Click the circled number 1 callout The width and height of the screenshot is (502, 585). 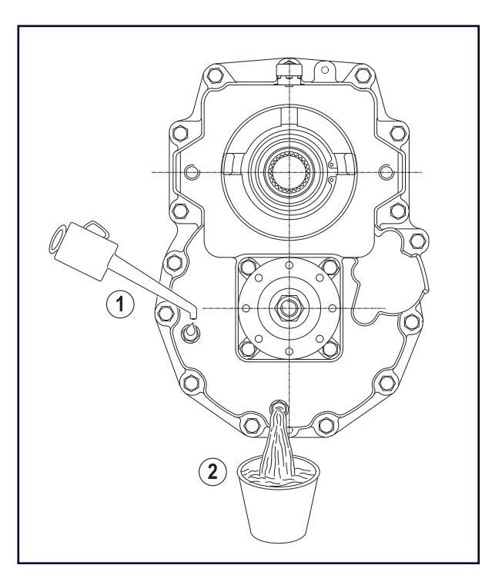(120, 304)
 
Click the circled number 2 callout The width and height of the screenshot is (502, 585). (213, 472)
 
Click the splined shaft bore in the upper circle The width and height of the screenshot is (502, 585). (289, 172)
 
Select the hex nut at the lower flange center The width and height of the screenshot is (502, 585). (288, 308)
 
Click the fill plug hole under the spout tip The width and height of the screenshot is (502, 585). (191, 331)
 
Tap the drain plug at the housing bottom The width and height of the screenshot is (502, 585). (279, 406)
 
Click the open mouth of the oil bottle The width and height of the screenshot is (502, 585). (58, 241)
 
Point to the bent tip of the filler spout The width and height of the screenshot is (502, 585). (192, 313)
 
